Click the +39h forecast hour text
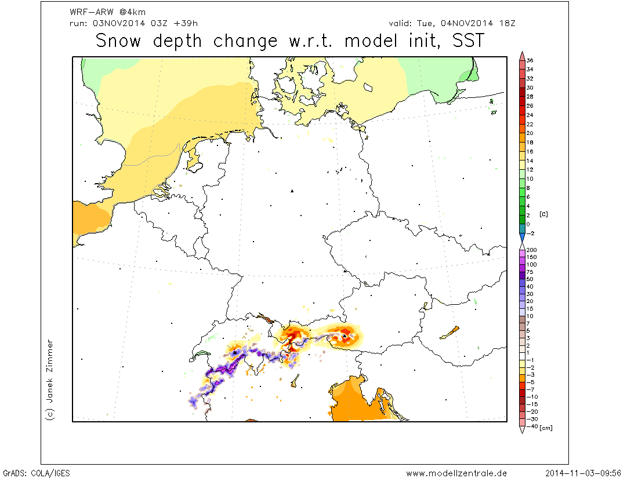click(187, 23)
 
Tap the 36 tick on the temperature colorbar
click(530, 60)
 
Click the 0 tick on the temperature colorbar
click(528, 224)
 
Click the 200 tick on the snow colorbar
click(532, 250)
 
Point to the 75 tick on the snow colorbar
click(530, 272)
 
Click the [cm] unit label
click(546, 428)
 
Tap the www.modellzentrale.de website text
click(456, 473)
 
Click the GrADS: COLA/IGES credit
click(36, 473)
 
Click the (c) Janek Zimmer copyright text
click(50, 380)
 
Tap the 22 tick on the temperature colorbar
click(530, 124)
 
